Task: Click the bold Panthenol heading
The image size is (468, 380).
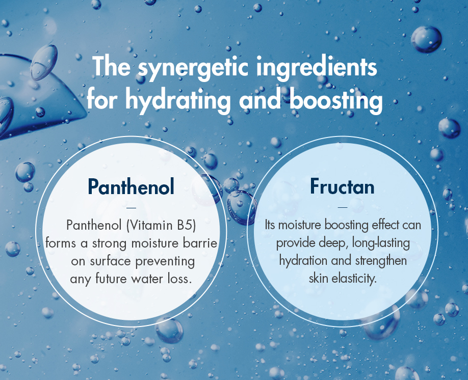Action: coord(131,187)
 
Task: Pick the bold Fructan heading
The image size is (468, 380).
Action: coord(342,187)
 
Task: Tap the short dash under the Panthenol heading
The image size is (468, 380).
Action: coord(131,207)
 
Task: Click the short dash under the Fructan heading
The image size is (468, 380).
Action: coord(342,207)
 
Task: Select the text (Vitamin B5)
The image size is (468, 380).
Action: coord(163,225)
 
